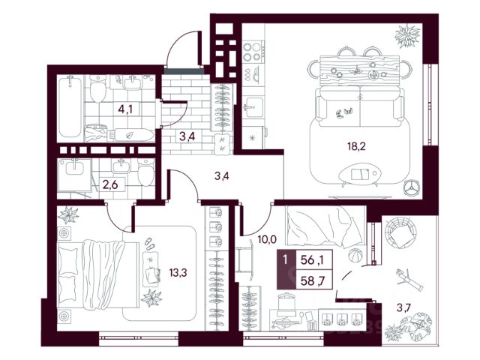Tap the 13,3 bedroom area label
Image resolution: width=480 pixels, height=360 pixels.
click(178, 272)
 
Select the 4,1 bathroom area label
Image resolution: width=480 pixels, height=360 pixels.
click(125, 109)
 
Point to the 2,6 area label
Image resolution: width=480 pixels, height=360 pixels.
click(110, 185)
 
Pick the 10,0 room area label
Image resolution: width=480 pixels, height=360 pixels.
click(267, 239)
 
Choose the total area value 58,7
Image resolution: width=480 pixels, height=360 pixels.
click(313, 280)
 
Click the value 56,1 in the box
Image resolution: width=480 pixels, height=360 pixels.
click(313, 260)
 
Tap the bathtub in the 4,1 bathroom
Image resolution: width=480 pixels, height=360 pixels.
click(70, 106)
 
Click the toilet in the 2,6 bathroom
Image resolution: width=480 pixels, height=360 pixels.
click(145, 172)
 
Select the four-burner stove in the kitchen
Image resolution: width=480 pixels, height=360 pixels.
click(253, 52)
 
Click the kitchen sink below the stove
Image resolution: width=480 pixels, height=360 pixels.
click(253, 106)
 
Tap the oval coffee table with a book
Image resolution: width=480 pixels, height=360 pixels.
click(360, 175)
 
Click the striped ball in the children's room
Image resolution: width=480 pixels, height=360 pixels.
click(355, 255)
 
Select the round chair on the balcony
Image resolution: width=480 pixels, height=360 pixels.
click(400, 232)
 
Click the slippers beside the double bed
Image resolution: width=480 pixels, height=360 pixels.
click(150, 243)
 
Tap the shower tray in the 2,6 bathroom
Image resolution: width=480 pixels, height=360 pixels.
click(74, 175)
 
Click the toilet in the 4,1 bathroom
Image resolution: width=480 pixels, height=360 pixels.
click(98, 88)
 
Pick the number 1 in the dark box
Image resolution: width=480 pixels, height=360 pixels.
click(285, 260)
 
